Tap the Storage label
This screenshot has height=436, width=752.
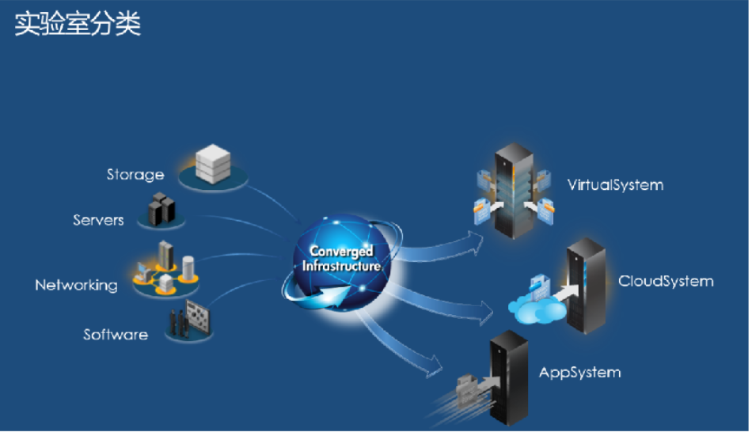[135, 174]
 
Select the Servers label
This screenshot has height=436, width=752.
[98, 220]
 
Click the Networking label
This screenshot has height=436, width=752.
[76, 285]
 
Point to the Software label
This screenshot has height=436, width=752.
[116, 335]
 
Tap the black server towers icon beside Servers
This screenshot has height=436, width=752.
[161, 208]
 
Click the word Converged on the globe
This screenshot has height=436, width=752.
[341, 252]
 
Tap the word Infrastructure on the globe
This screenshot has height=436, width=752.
[341, 267]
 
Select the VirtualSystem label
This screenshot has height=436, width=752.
[615, 185]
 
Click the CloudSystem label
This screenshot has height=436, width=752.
[666, 281]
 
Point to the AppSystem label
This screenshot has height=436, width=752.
[579, 372]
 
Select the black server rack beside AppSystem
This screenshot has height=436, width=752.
[509, 376]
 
